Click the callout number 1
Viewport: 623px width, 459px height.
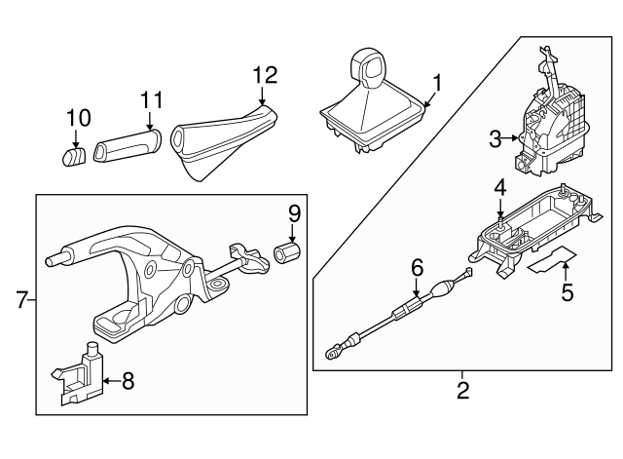(436, 84)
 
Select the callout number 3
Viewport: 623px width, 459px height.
(495, 139)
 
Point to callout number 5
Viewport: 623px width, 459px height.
(566, 291)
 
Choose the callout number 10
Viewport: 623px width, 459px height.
(78, 119)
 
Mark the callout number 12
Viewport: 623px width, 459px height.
(265, 75)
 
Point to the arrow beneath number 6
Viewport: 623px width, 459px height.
(417, 286)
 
